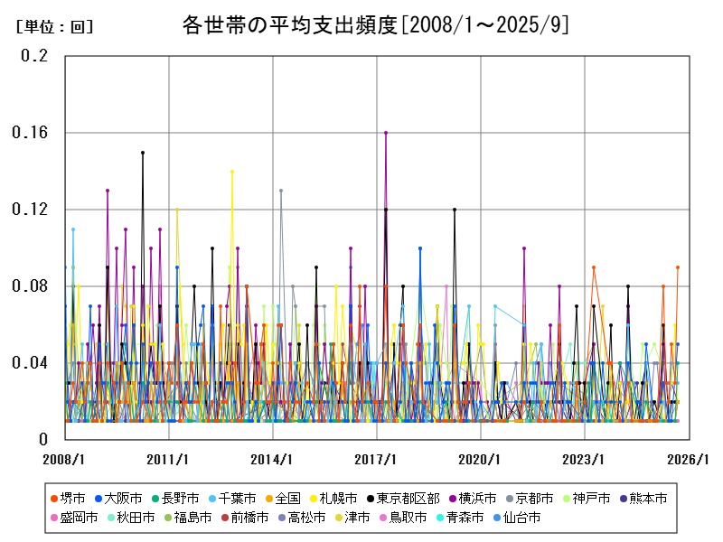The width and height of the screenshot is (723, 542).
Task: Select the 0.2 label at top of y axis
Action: pos(35,56)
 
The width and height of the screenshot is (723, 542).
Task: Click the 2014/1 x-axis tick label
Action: pos(273,460)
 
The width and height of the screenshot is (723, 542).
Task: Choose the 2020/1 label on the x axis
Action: pos(481,460)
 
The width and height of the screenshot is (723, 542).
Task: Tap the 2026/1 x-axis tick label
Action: pos(689,460)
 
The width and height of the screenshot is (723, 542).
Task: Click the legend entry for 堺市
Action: pos(69,498)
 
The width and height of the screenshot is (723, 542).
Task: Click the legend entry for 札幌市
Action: pos(333,498)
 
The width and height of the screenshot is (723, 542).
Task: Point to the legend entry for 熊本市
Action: pos(643,498)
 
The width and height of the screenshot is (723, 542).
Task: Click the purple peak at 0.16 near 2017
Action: pos(386,133)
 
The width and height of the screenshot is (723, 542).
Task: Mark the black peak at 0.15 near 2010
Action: pos(142,153)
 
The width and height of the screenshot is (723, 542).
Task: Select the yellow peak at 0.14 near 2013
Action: pos(232,172)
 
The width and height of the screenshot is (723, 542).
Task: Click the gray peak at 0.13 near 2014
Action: pos(281,191)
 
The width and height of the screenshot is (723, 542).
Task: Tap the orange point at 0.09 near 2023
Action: pos(594,267)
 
